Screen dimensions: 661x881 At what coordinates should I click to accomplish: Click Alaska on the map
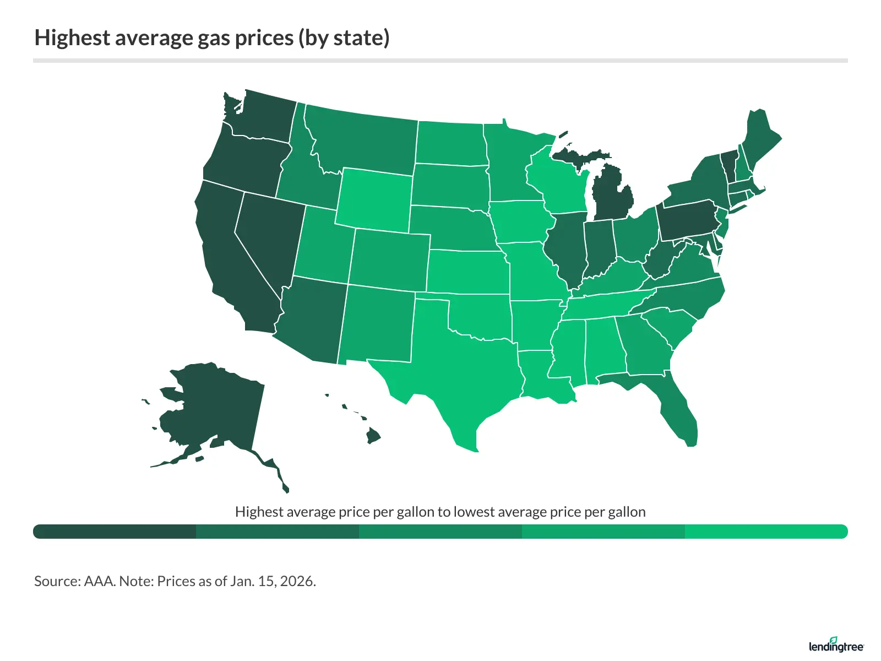pyautogui.click(x=215, y=408)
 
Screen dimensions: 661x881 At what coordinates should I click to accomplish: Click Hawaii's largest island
pyautogui.click(x=373, y=436)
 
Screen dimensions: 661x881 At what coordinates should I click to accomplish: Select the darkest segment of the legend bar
pyautogui.click(x=115, y=532)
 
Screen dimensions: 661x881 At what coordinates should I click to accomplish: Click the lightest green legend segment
pyautogui.click(x=765, y=532)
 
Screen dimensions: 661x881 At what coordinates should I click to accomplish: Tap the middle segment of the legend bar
pyautogui.click(x=440, y=532)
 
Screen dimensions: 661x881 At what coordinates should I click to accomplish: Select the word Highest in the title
pyautogui.click(x=72, y=38)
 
